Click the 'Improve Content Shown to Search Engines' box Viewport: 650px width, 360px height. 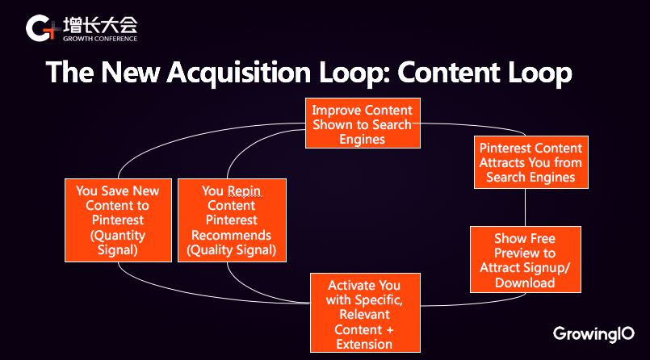tap(362, 124)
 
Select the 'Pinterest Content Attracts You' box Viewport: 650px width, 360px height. tap(530, 162)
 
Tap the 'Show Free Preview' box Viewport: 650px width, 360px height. tap(525, 260)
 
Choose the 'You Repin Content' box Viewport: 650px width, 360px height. tap(232, 220)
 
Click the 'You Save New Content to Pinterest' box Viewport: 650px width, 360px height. tap(118, 220)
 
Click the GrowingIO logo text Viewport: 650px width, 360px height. tap(593, 333)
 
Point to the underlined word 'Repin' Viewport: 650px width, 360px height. tap(244, 191)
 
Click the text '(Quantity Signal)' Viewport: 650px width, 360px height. tap(118, 242)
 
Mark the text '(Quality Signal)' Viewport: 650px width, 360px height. tap(232, 249)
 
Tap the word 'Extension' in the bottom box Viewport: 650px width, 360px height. tap(363, 344)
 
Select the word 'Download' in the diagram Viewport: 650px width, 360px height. tap(525, 282)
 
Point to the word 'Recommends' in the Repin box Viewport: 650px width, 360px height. tap(232, 235)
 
